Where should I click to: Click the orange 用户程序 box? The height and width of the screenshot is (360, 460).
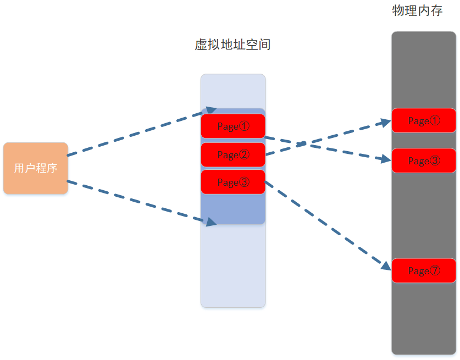(x=36, y=168)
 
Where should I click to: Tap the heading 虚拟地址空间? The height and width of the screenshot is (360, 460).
(x=232, y=45)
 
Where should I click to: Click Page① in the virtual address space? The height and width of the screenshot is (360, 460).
(x=233, y=126)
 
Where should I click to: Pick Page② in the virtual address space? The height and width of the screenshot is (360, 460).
(x=233, y=154)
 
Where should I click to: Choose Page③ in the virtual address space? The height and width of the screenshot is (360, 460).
(x=233, y=182)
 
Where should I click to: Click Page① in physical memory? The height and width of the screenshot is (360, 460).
(x=424, y=120)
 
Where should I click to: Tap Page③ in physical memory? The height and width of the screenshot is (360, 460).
(x=424, y=160)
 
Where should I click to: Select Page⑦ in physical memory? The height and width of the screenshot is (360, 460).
(x=424, y=270)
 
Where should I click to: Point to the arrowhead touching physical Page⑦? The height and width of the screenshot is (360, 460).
(x=386, y=265)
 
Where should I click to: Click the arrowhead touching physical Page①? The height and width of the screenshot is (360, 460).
(x=386, y=123)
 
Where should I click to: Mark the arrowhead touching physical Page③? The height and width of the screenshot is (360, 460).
(x=386, y=159)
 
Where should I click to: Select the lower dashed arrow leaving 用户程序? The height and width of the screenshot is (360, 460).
(x=137, y=202)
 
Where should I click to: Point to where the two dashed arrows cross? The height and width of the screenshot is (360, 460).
(x=301, y=144)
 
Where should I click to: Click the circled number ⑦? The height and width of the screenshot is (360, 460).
(x=435, y=270)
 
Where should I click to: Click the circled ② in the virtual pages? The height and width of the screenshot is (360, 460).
(x=244, y=154)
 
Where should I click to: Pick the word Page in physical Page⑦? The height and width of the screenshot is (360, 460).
(x=418, y=271)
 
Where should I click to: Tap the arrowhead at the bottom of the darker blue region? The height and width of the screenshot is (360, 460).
(x=212, y=221)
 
